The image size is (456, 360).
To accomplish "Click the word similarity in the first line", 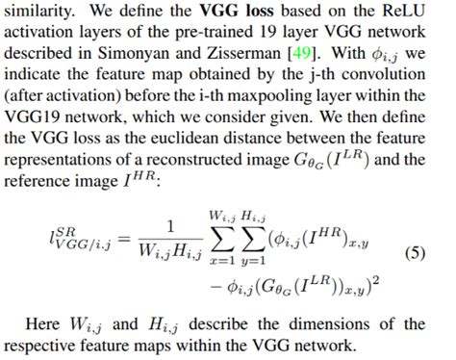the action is pos(38,12).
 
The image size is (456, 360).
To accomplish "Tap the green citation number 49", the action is pos(302,53).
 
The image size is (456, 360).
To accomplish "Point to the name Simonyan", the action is pos(133,54).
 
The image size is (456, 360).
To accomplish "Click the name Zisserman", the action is pos(243,53).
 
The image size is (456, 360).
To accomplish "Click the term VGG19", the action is pos(32,117).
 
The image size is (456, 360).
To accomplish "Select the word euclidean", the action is pos(187,139).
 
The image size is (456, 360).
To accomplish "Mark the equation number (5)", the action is pos(415,254).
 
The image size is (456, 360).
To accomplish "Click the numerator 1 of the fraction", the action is pos(170,227).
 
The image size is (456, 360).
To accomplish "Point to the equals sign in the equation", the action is pos(124,240).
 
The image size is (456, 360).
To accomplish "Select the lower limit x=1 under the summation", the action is pos(222,261).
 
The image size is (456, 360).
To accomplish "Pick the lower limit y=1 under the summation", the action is pos(253,262).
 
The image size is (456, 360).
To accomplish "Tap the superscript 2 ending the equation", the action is pos(376,280).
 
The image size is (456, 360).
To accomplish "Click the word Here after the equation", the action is pos(42,324).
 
